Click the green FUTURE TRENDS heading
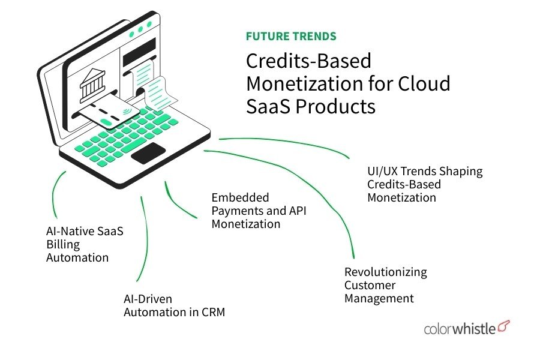click(x=291, y=37)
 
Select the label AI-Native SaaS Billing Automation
click(x=85, y=244)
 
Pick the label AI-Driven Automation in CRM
click(x=174, y=305)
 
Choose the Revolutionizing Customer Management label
click(x=385, y=285)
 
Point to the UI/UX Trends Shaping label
click(x=425, y=172)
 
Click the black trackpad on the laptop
click(x=148, y=154)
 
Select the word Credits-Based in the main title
click(x=309, y=61)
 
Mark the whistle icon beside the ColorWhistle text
click(x=504, y=326)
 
